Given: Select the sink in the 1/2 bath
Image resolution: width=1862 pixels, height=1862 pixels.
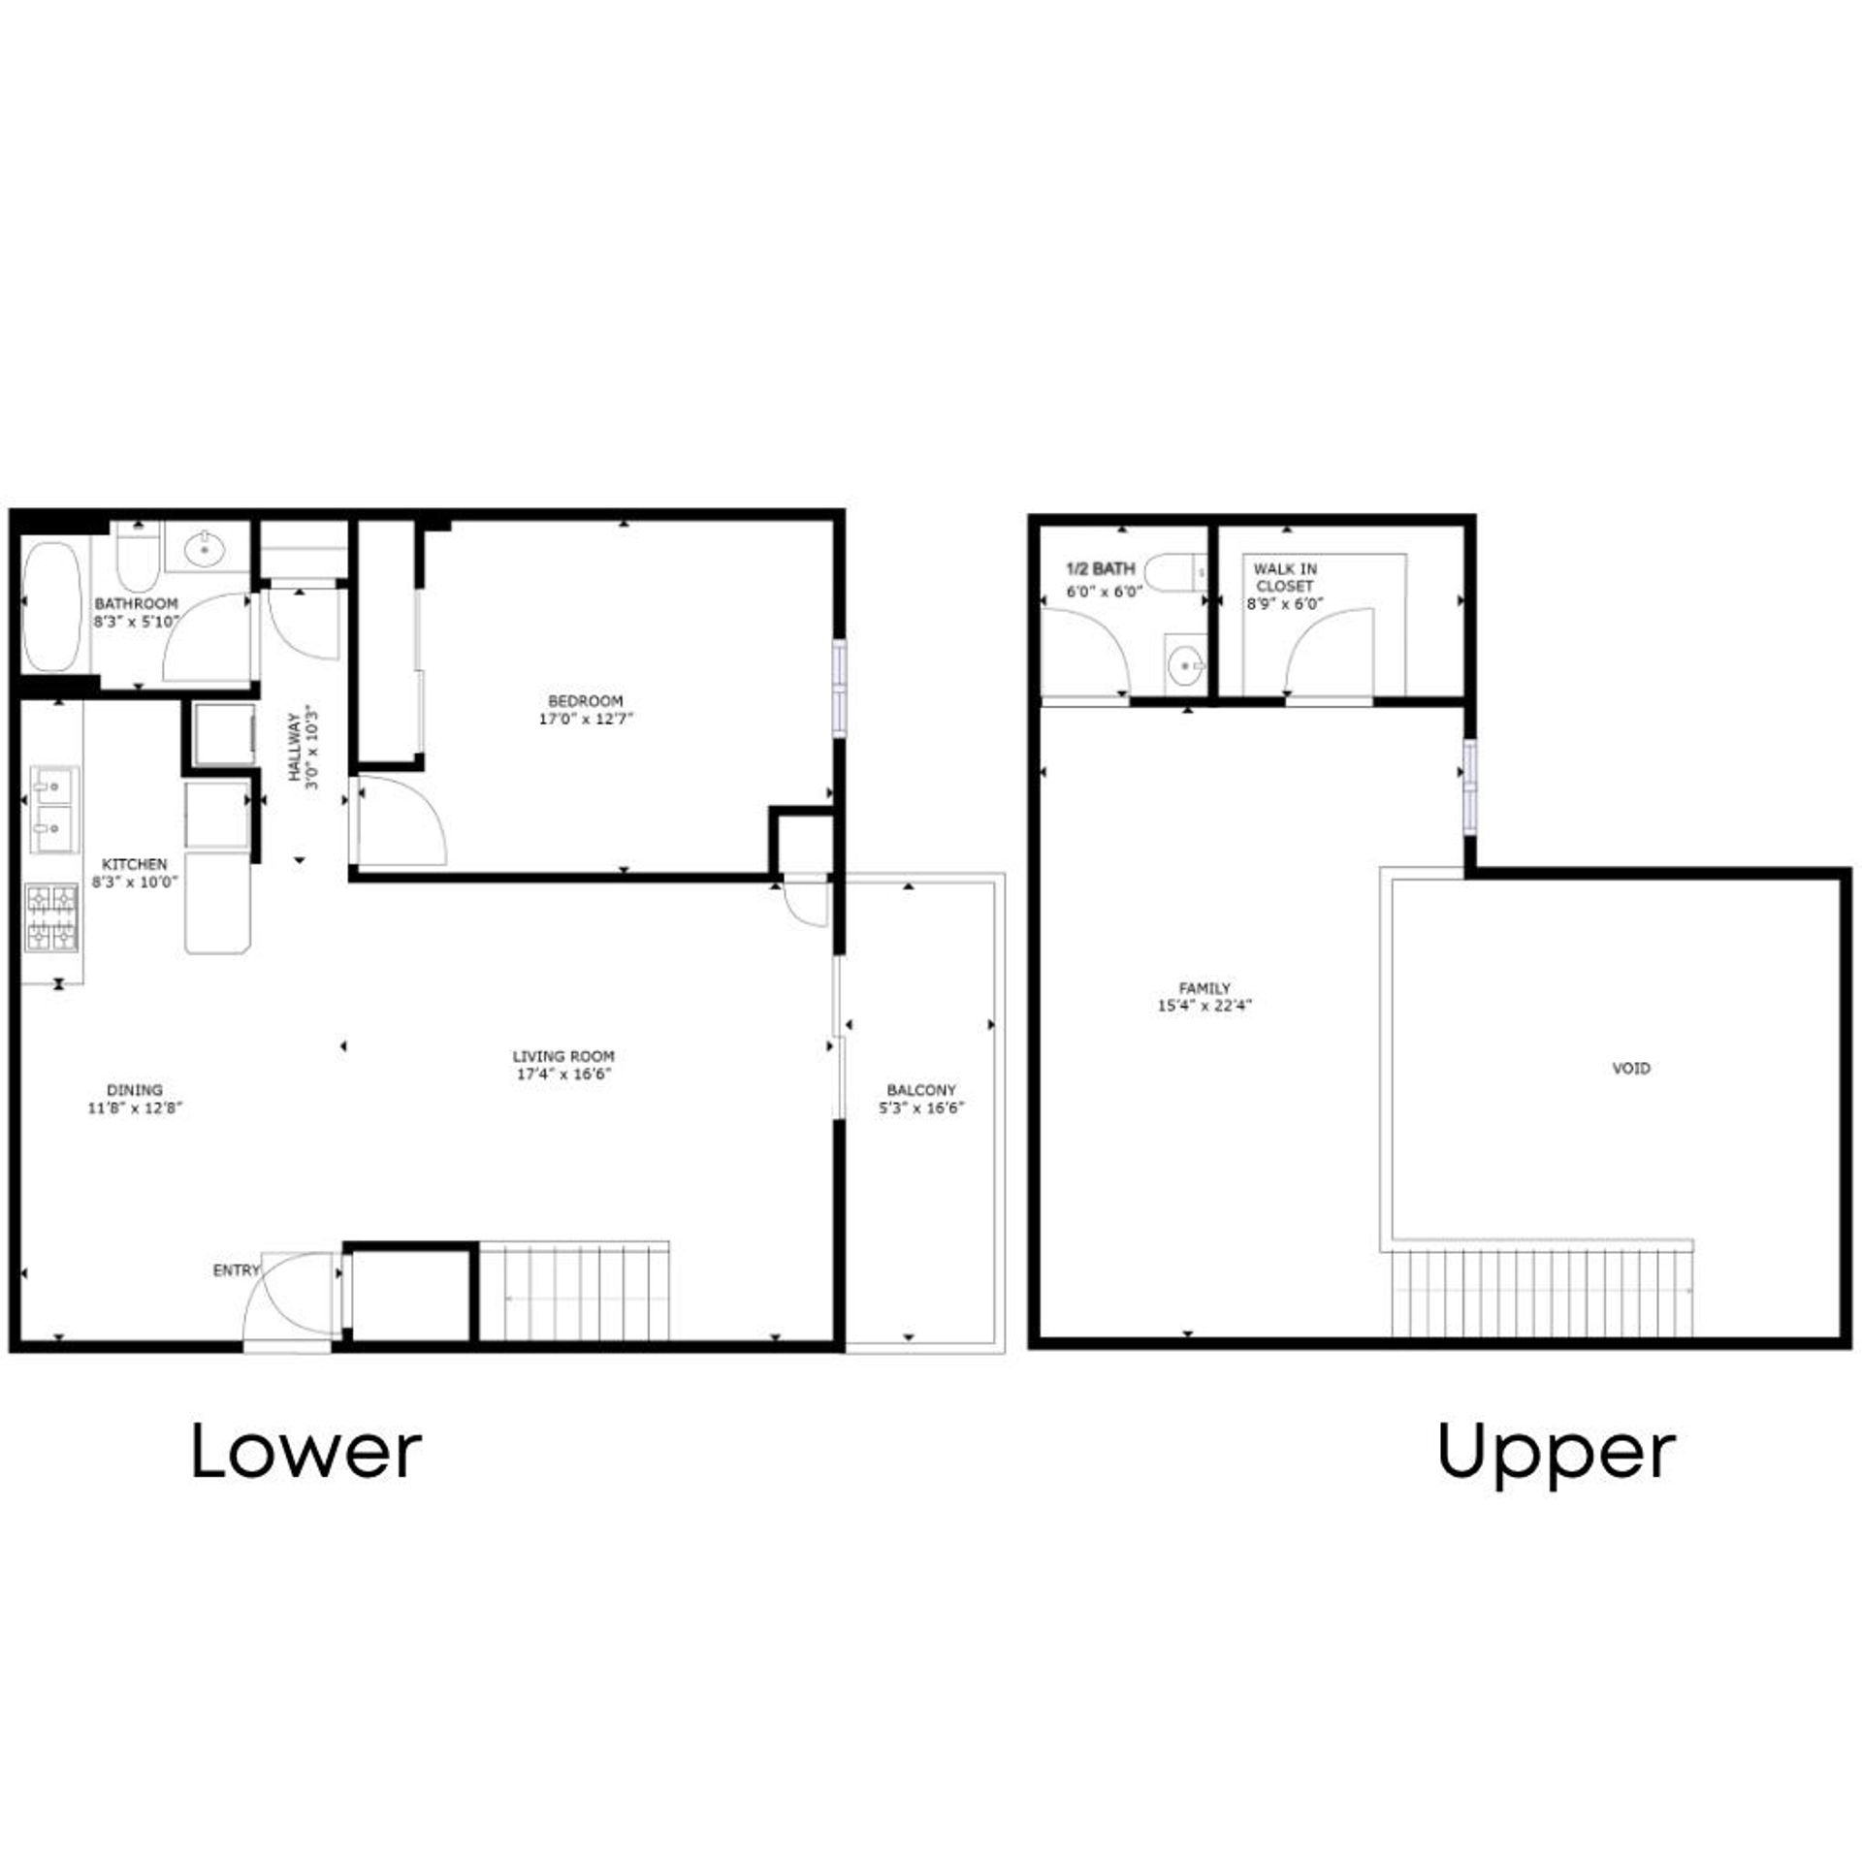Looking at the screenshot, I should (1186, 664).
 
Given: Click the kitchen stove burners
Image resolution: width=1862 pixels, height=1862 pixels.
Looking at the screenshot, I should (51, 916).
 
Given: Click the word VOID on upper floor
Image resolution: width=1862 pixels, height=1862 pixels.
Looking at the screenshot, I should (1630, 1068).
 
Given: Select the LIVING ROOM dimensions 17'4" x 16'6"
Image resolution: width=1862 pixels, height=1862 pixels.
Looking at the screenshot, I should (562, 1074).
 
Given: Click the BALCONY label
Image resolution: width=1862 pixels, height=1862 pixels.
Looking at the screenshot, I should (921, 1090).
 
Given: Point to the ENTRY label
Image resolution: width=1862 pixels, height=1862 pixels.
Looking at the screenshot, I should (237, 1270).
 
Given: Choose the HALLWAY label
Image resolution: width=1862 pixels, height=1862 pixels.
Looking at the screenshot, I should (293, 748).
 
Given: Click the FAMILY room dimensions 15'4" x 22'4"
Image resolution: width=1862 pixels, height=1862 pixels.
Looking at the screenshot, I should (1205, 1006).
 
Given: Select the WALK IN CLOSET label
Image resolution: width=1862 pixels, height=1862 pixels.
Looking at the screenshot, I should (1285, 577).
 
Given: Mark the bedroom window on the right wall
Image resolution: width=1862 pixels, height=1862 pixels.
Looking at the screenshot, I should (840, 689).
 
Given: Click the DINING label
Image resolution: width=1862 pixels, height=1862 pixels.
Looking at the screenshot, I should (135, 1090).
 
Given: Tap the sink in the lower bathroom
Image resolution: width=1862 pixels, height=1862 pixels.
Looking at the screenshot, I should (206, 549).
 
